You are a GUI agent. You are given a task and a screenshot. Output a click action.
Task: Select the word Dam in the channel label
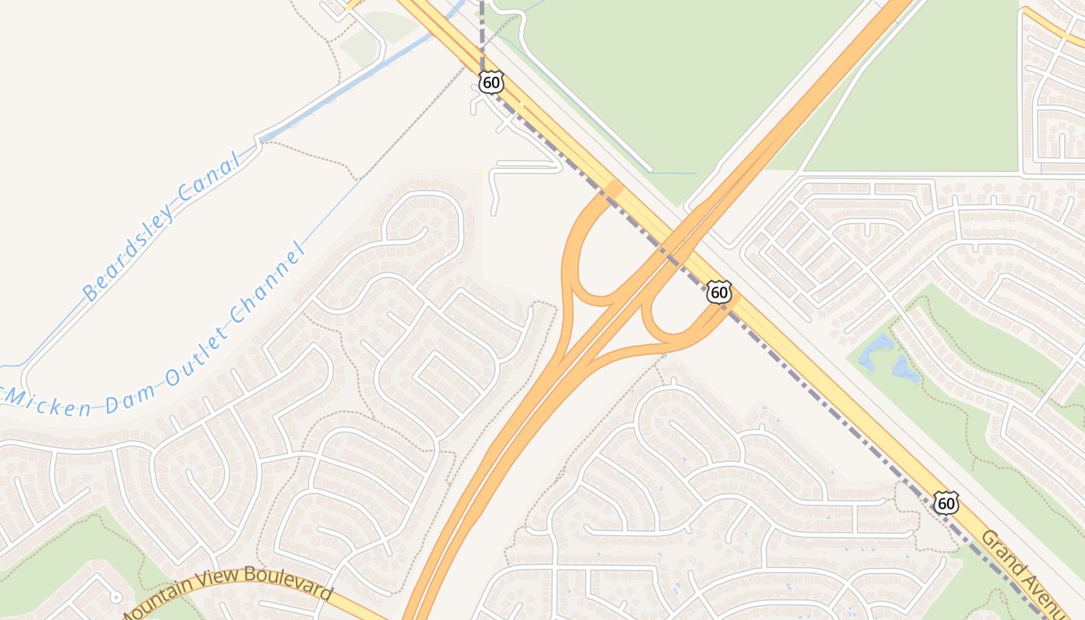point(141,387)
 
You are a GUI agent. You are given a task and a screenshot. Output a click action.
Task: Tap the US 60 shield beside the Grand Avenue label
point(945,502)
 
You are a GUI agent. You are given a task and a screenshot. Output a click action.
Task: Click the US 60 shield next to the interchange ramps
point(719,291)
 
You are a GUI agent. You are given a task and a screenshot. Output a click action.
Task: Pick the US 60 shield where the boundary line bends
point(491,82)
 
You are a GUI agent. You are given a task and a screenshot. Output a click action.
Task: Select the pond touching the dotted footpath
point(905,369)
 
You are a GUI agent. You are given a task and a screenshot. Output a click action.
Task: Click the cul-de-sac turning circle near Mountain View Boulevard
point(115,597)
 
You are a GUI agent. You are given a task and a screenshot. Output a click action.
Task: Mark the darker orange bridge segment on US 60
point(613,188)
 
